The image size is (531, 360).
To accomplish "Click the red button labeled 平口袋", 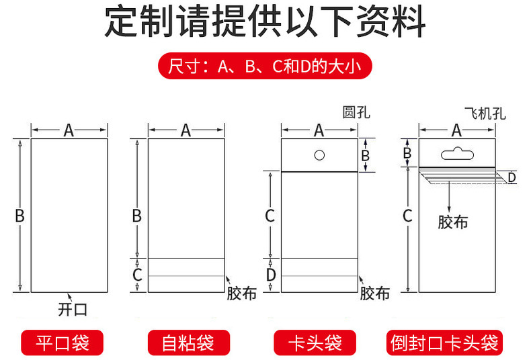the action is [63, 343].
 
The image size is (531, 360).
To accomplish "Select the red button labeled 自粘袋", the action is [188, 343].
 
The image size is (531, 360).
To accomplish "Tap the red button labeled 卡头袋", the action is [315, 343].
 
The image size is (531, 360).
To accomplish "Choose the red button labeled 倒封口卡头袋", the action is [445, 343].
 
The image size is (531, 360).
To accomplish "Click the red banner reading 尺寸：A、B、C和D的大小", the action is [265, 66].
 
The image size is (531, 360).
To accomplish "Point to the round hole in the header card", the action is [320, 155].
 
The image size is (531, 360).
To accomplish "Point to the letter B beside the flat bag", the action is [19, 216].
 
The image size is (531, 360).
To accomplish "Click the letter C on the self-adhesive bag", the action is [137, 275].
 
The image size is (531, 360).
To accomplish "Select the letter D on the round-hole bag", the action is [270, 275].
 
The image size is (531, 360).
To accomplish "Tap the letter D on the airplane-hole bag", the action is [512, 177].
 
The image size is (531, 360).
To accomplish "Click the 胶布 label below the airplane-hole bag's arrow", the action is [453, 222].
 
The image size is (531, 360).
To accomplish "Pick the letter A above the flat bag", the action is [69, 130].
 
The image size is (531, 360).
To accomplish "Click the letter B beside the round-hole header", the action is [366, 156].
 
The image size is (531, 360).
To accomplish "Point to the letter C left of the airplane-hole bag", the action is [407, 216].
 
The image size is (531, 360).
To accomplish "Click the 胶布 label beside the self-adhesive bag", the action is [241, 294].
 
